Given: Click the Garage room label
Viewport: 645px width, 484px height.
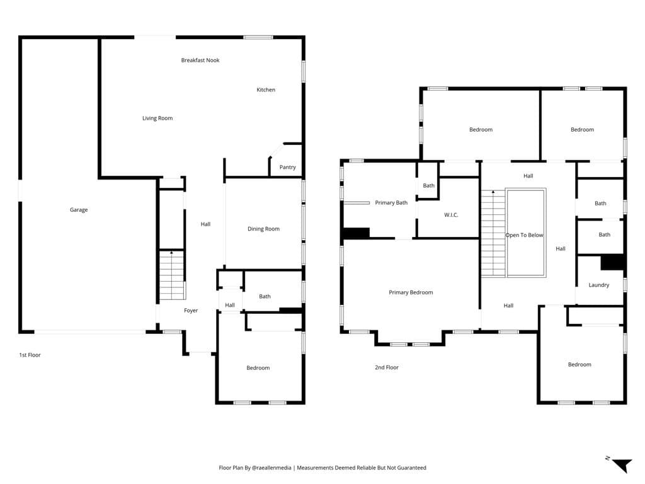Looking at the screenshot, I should click(x=79, y=210).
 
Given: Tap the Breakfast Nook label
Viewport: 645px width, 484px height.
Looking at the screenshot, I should click(x=200, y=60).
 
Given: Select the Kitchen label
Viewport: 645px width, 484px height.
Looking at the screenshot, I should click(x=266, y=90).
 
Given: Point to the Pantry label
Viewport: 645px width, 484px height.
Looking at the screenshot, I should click(x=287, y=168).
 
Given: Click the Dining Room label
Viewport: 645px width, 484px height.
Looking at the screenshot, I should click(x=263, y=229).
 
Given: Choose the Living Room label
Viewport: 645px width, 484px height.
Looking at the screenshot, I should click(x=157, y=118).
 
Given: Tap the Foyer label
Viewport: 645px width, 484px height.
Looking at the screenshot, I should click(x=191, y=311).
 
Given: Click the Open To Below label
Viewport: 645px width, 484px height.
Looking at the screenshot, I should click(x=524, y=236).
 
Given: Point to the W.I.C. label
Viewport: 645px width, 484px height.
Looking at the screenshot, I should click(x=451, y=216).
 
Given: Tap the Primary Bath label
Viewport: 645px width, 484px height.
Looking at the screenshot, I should click(x=391, y=203).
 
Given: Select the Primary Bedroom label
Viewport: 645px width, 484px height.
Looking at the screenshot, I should click(x=411, y=293).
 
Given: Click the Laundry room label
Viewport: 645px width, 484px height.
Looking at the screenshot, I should click(x=598, y=285).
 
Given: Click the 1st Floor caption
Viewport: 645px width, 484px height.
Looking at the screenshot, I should click(x=30, y=355).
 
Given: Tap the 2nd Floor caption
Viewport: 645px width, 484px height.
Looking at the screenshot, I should click(x=386, y=367).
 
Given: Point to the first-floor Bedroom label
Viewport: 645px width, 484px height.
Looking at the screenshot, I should click(x=258, y=368).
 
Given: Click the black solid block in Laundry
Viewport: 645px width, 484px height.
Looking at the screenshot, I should click(x=612, y=262).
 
